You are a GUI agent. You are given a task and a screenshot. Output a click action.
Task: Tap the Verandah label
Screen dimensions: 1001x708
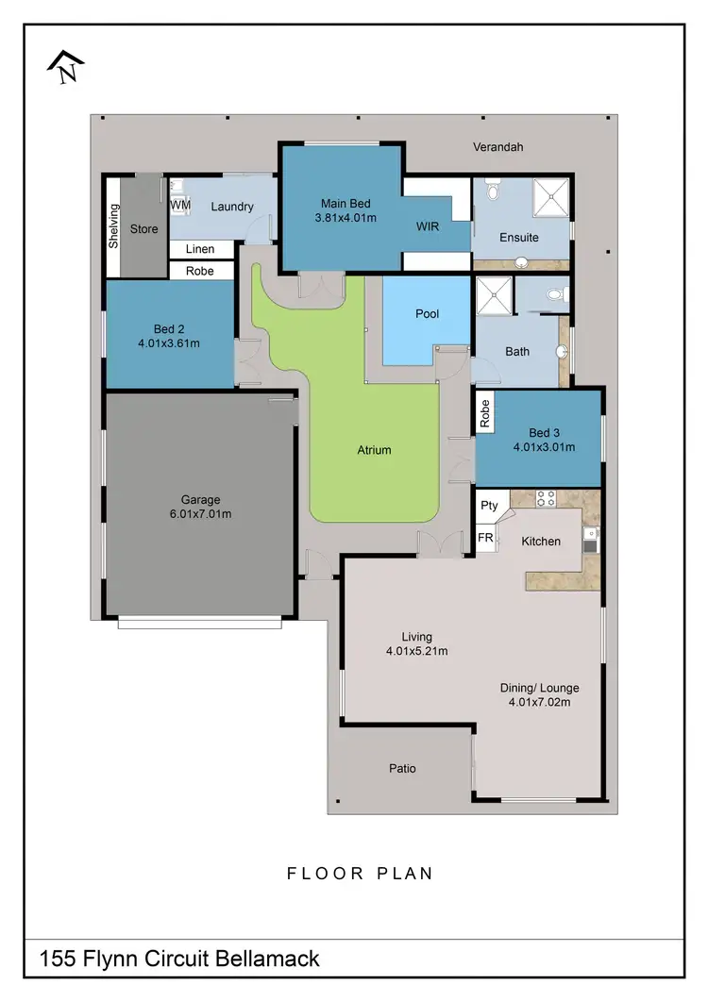pyautogui.click(x=498, y=147)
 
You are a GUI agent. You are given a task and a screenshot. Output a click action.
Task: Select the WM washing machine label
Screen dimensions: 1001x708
pyautogui.click(x=180, y=205)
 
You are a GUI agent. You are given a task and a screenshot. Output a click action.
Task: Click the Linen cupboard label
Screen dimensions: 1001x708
pyautogui.click(x=200, y=249)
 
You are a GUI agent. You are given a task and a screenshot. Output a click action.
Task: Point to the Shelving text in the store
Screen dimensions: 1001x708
pyautogui.click(x=114, y=226)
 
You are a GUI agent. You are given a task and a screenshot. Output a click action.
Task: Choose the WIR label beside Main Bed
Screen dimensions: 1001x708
pyautogui.click(x=430, y=227)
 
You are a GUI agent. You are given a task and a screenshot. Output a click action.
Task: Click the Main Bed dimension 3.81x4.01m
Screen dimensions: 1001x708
pyautogui.click(x=345, y=218)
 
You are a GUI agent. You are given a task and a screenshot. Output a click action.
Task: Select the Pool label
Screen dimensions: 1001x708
pyautogui.click(x=428, y=314)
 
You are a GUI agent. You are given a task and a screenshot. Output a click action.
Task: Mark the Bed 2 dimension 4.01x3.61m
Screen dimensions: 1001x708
pyautogui.click(x=169, y=343)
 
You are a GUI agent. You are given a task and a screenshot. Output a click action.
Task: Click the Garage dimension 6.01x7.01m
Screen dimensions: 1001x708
pyautogui.click(x=200, y=514)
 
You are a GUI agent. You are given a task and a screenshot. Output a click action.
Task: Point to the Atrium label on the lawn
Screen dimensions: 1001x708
pyautogui.click(x=374, y=450)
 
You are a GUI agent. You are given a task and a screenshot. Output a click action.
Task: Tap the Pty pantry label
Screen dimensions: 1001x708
pyautogui.click(x=489, y=506)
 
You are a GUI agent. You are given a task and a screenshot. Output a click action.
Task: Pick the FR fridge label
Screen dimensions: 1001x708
pyautogui.click(x=486, y=538)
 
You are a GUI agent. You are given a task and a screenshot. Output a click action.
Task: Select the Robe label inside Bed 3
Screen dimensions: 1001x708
pyautogui.click(x=485, y=415)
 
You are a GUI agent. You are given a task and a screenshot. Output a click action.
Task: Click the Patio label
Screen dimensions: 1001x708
pyautogui.click(x=402, y=768)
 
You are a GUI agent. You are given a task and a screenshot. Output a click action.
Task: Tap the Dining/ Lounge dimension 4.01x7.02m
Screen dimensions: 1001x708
pyautogui.click(x=539, y=702)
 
